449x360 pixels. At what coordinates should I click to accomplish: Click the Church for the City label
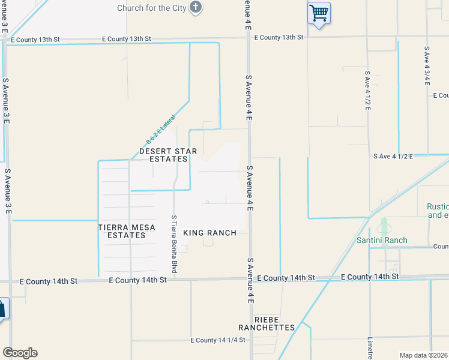[151, 8]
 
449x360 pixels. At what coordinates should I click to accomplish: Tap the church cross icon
[195, 7]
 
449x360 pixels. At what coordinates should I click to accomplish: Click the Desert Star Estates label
[168, 155]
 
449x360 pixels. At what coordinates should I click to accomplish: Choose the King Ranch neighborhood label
[209, 233]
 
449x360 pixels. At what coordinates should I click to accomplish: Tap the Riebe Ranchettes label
[267, 323]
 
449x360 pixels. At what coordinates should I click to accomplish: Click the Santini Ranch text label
[382, 241]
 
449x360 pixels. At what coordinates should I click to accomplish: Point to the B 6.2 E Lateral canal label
[160, 128]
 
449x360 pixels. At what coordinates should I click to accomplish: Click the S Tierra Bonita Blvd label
[174, 244]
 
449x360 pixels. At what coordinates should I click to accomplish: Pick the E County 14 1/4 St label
[218, 340]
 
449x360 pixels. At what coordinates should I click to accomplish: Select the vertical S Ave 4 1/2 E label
[368, 92]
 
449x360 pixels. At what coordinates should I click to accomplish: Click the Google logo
[20, 353]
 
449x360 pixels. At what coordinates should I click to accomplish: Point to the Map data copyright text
[424, 355]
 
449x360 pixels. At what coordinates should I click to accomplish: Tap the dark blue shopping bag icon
[2, 310]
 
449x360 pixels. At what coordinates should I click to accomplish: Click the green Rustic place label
[438, 211]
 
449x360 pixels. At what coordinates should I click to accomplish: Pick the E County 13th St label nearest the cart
[279, 37]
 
